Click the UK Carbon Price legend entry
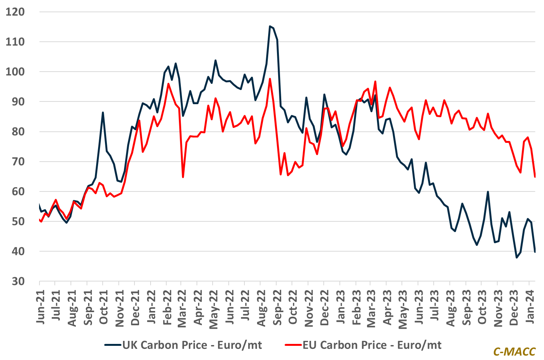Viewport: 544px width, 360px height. pyautogui.click(x=184, y=345)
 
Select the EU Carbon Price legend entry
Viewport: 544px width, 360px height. pyautogui.click(x=364, y=345)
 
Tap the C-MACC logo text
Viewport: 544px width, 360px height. pyautogui.click(x=514, y=352)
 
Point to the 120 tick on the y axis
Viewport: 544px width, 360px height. pyautogui.click(x=15, y=12)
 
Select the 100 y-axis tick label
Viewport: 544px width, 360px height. pyautogui.click(x=15, y=72)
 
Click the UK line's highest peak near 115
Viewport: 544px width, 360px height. pyautogui.click(x=270, y=26)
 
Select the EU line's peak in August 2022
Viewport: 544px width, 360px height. pyautogui.click(x=270, y=79)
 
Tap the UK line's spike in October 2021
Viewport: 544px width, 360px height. pyautogui.click(x=103, y=112)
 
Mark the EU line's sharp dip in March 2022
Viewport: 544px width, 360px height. pyautogui.click(x=183, y=177)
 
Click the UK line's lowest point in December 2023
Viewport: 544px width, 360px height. pyautogui.click(x=516, y=258)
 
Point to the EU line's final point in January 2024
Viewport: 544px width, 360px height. pyautogui.click(x=535, y=177)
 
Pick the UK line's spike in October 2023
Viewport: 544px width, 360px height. pyautogui.click(x=488, y=191)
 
